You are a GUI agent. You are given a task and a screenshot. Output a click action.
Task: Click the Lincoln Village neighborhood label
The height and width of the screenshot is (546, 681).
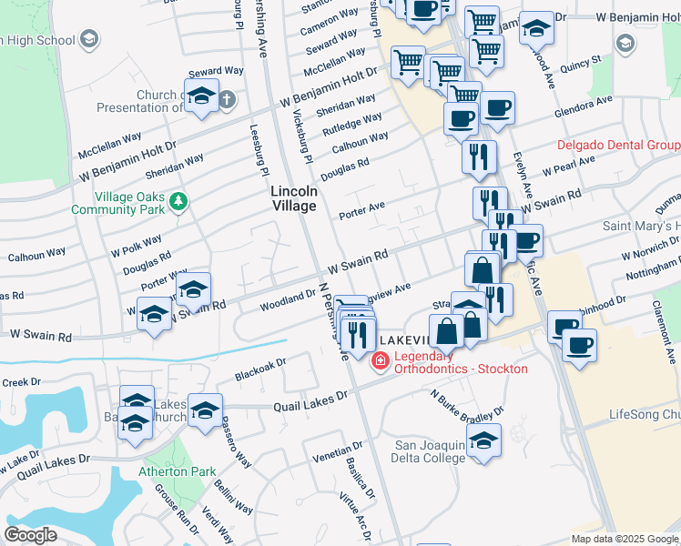click(x=294, y=198)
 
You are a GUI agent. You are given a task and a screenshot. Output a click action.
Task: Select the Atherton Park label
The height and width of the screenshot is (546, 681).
click(x=178, y=471)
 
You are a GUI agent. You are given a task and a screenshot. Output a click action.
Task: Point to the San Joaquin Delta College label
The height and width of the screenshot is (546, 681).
click(x=429, y=451)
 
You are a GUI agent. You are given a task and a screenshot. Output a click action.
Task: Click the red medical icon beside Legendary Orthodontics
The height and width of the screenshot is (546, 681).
click(x=380, y=362)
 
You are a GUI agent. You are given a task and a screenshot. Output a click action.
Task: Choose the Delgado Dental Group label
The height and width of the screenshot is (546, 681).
click(x=618, y=146)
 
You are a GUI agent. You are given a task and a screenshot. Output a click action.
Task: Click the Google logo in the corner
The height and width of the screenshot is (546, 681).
click(x=30, y=535)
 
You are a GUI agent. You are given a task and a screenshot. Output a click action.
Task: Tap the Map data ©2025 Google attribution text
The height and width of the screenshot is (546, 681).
click(x=624, y=539)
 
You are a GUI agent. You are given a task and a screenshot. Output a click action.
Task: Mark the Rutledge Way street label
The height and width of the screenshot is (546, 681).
click(x=358, y=122)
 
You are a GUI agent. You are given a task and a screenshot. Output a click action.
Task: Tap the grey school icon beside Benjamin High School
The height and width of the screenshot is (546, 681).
click(x=89, y=39)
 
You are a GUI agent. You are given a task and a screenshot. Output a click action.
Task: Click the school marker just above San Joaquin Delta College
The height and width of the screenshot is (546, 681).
click(x=484, y=441)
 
